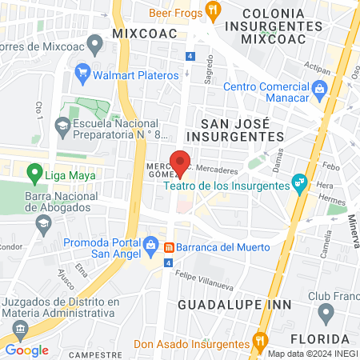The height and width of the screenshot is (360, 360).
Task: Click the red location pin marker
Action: tap(181, 162)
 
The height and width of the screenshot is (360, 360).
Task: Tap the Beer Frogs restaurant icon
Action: tap(212, 10)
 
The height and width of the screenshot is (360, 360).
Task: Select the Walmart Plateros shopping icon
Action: tap(82, 75)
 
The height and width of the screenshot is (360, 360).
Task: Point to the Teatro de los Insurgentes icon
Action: tap(299, 183)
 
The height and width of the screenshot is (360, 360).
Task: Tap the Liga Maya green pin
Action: tap(34, 173)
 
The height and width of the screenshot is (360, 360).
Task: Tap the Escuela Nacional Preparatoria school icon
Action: tap(62, 125)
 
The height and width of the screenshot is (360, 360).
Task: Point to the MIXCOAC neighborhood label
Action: tap(146, 34)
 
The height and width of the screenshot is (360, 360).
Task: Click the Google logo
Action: tap(26, 350)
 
